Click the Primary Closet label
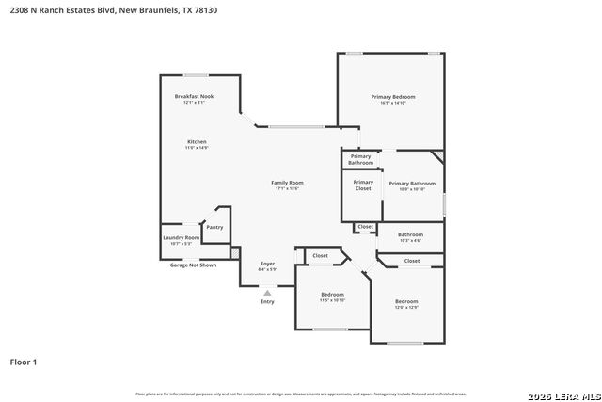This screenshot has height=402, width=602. pos(363,185)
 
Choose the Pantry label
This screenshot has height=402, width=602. pos(215,227)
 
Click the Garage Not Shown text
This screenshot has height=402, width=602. pos(193,265)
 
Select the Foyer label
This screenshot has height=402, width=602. pos(267,265)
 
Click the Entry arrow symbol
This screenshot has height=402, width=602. pos(267,293)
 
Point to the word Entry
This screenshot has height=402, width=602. pos(267,301)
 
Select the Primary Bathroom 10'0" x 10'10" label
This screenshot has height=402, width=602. pos(412,185)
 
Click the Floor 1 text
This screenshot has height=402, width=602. pos(24,362)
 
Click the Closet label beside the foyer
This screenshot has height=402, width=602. pos(320,255)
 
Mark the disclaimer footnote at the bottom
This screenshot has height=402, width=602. pos(300,394)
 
